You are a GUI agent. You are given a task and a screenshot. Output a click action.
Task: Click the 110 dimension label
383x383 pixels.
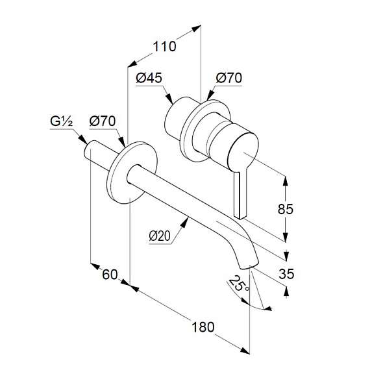164,46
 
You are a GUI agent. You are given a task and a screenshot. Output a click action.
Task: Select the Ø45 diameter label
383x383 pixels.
149,78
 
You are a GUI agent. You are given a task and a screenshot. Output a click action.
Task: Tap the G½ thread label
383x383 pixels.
61,121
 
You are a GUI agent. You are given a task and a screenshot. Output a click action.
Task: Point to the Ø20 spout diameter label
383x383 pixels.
160,236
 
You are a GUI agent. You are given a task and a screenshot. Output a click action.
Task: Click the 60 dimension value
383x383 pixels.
110,275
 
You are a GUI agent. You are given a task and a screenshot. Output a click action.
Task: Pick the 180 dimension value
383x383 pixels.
203,327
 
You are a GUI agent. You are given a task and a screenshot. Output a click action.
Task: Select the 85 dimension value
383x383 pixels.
285,209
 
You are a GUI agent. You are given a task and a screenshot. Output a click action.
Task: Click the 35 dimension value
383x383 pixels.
286,273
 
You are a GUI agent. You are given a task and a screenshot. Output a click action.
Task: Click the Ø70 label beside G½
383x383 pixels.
103,121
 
